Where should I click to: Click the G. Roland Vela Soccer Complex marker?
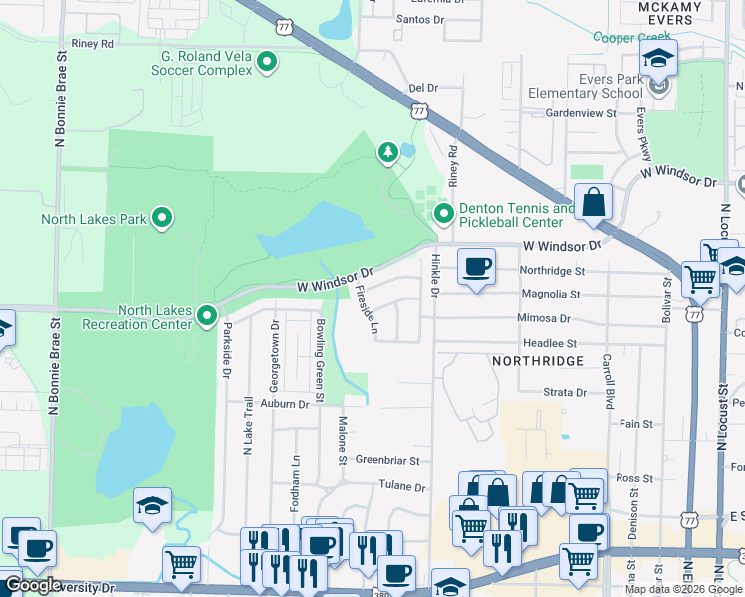pos(267,63)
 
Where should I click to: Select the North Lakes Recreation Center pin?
pos(207,316)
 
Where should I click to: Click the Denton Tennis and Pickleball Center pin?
pos(443,213)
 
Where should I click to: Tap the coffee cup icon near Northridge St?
pos(476,267)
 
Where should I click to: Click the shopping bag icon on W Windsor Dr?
pos(594,202)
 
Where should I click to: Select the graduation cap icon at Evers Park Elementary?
pos(658,58)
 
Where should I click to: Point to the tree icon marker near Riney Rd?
pos(387,152)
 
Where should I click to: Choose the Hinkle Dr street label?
pos(434,274)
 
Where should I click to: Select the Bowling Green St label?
pos(321,361)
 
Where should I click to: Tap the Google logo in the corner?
pos(32,585)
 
